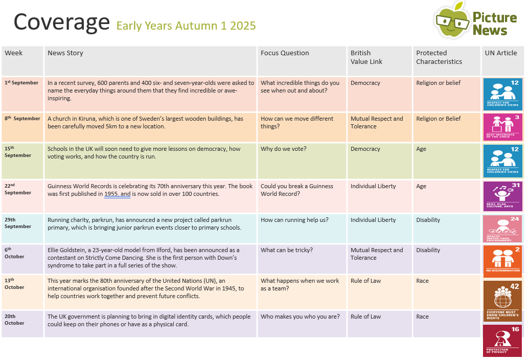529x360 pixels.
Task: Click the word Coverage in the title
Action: point(61,22)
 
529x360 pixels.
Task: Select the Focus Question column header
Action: point(285,53)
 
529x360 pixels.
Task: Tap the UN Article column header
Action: point(500,53)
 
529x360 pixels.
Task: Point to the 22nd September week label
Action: point(18,189)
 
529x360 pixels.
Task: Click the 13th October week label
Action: point(14,284)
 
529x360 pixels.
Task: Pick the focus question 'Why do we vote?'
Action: point(283,149)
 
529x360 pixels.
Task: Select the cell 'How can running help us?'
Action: point(294,220)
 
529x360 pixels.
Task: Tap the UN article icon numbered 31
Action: point(502,196)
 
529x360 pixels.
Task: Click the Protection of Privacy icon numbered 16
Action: point(502,340)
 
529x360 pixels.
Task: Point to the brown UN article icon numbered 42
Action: point(502,301)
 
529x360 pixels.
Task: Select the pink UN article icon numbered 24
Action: point(502,229)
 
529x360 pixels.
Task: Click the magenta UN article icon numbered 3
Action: point(502,127)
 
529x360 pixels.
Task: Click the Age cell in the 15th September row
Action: point(421,149)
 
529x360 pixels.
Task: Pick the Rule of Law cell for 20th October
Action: point(365,317)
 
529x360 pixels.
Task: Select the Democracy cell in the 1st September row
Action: point(365,83)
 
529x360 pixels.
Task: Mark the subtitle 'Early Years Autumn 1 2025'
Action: point(186,26)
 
